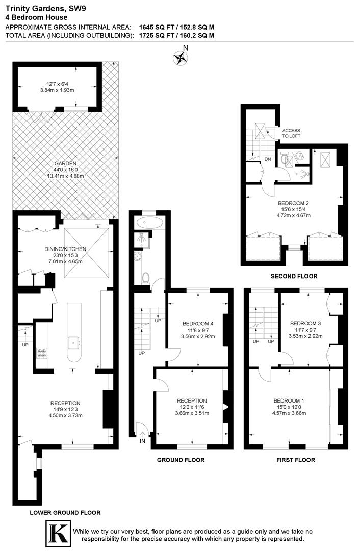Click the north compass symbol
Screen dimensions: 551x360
coord(180,58)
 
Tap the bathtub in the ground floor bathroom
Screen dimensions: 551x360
coord(149,222)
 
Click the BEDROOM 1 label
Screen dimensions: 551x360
coord(289,400)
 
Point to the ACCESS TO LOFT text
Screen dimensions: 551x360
coord(291,133)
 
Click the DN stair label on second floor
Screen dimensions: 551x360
coord(268,159)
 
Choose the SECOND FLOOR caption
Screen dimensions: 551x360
coord(294,276)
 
